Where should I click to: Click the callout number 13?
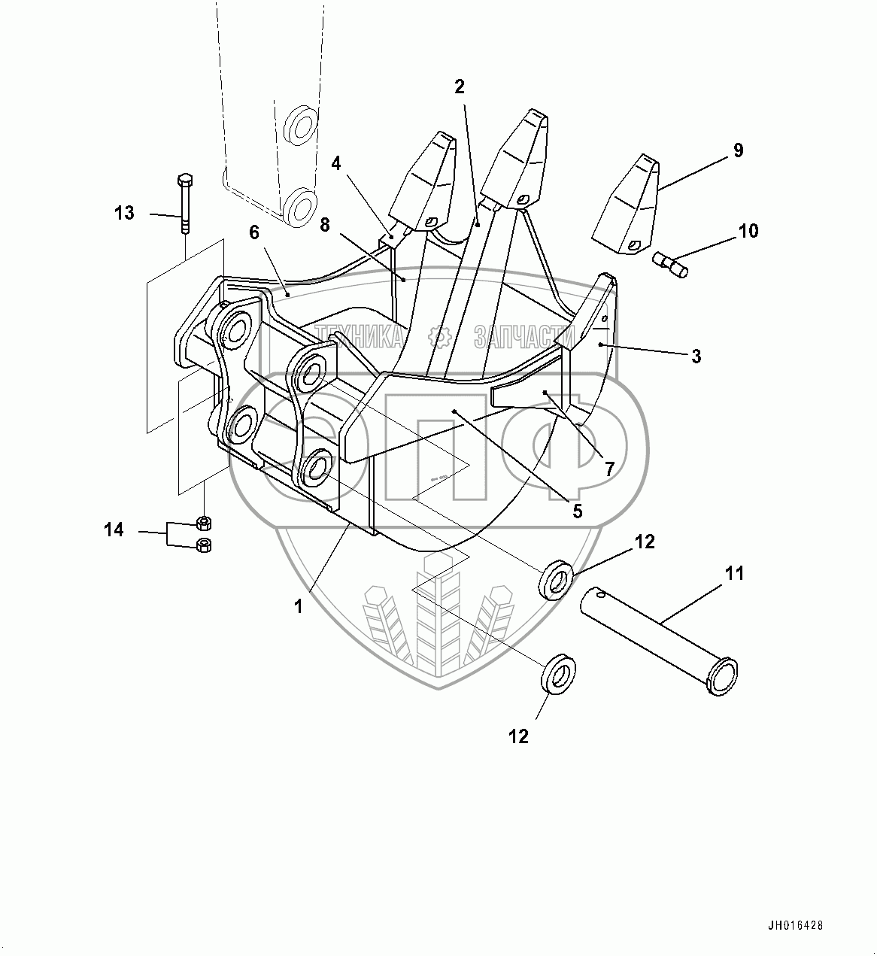(x=125, y=214)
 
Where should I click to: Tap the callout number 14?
(x=114, y=531)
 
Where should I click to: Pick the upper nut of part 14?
(x=203, y=522)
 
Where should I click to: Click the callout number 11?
(x=735, y=574)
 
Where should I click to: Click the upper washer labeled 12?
(x=557, y=579)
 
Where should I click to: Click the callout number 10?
(x=748, y=231)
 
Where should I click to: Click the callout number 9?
(x=738, y=150)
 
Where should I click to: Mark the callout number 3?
(x=696, y=357)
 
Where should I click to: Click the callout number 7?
(x=609, y=469)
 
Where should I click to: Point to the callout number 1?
(x=299, y=606)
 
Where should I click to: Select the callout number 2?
(x=460, y=86)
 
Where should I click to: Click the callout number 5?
(x=578, y=511)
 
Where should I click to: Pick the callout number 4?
(x=336, y=162)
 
